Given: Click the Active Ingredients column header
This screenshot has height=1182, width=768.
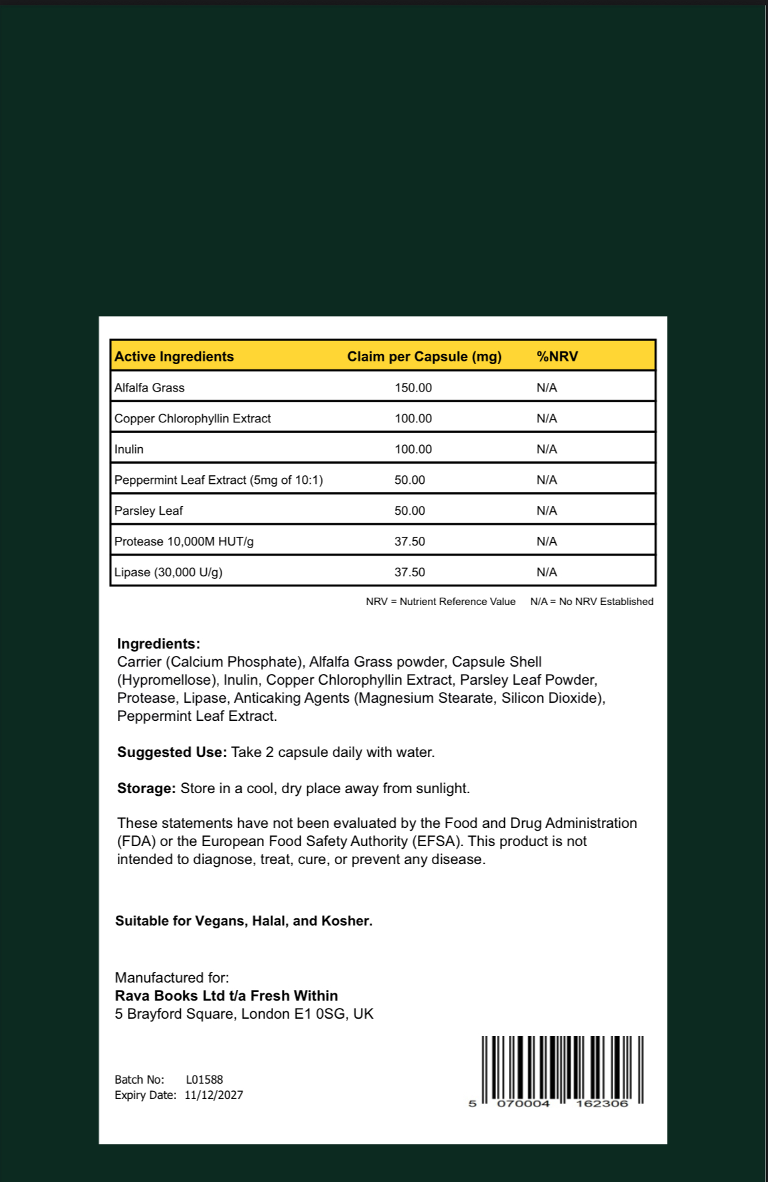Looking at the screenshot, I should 174,357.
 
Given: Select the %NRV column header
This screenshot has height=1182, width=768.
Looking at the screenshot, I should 557,357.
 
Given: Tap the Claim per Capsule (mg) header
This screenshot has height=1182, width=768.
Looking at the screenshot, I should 424,357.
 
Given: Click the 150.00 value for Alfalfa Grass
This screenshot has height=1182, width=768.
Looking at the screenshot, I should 413,388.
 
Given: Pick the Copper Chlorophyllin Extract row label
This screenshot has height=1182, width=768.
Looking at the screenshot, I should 193,418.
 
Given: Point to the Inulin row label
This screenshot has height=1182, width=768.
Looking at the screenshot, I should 129,449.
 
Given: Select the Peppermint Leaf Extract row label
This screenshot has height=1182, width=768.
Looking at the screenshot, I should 218,480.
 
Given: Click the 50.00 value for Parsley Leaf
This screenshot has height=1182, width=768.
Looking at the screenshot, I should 410,511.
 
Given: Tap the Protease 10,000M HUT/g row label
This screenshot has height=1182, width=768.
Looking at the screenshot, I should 184,541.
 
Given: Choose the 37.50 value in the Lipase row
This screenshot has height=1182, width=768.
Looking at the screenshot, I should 410,572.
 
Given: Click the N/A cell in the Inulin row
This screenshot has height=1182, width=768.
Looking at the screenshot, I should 546,449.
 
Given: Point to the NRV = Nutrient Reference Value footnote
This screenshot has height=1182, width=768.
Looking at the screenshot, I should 441,602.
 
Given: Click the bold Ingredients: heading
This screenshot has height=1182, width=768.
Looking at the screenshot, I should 159,644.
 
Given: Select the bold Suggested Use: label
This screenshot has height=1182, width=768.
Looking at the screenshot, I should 172,752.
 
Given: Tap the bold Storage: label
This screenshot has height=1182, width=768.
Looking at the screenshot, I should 147,788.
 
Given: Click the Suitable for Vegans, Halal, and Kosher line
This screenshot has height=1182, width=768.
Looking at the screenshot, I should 244,921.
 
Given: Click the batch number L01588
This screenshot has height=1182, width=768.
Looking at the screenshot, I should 204,1080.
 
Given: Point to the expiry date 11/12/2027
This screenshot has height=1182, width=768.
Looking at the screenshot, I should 214,1095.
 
